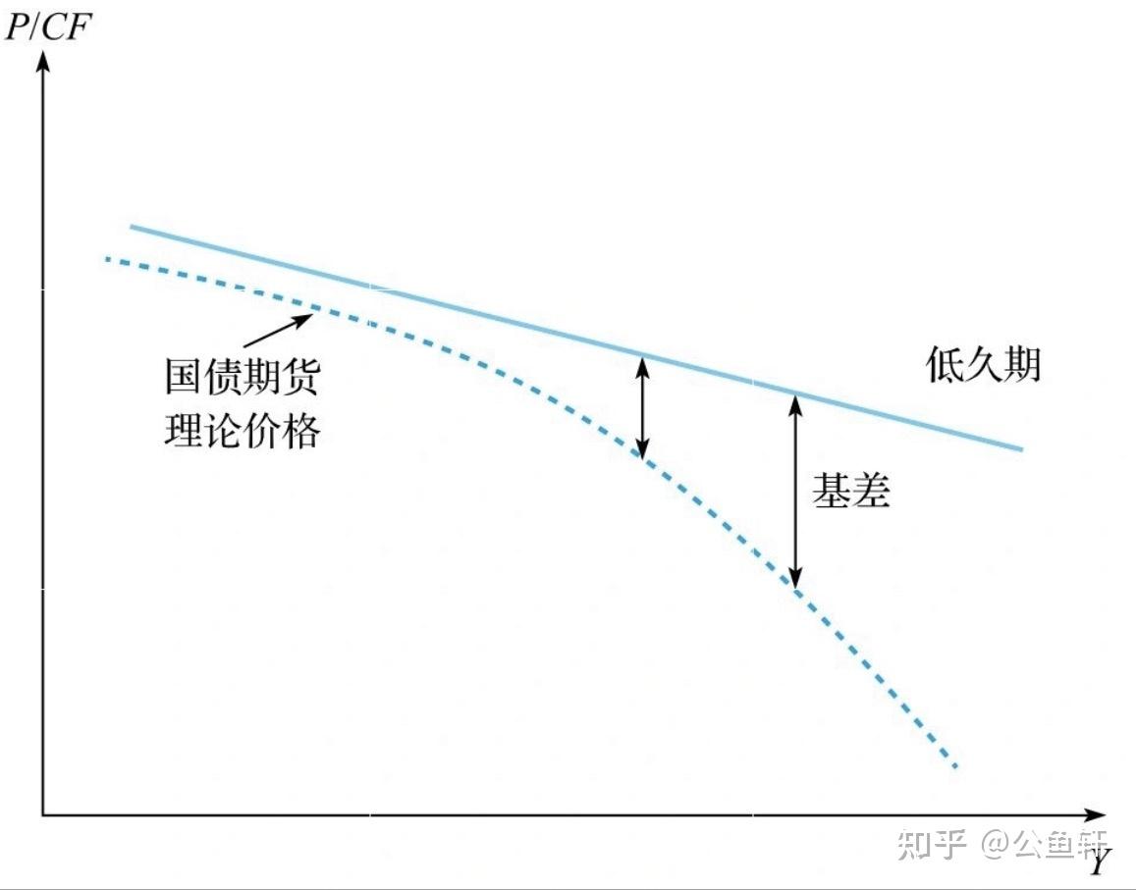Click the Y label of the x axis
(1099, 863)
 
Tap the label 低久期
(983, 365)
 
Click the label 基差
(850, 491)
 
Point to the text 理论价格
(242, 429)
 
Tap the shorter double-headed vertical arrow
(642, 407)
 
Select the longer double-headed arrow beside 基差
(796, 491)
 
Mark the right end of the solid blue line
(1021, 449)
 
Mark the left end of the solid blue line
(132, 228)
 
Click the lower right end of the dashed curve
(953, 765)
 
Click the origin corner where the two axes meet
(42, 814)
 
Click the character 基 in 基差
(831, 491)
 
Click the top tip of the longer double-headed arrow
(796, 396)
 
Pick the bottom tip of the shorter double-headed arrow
(642, 457)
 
